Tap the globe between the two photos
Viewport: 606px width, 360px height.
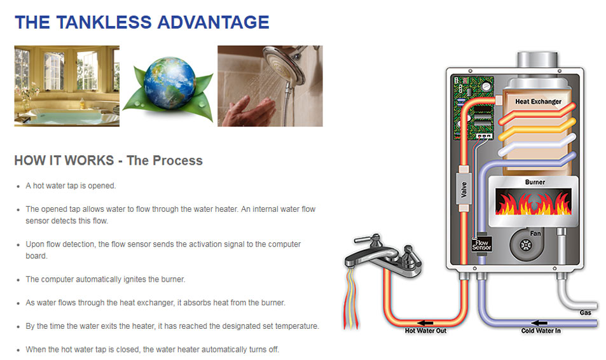tap(170, 83)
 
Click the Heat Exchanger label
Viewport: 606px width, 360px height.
tap(538, 102)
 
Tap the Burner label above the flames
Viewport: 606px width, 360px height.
tap(535, 182)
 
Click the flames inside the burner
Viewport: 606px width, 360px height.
tap(534, 202)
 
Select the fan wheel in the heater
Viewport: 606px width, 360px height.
tap(526, 244)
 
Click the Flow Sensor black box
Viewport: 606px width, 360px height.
tap(481, 244)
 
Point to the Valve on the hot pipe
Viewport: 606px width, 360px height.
tap(464, 190)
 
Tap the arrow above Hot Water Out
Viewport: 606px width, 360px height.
tap(425, 323)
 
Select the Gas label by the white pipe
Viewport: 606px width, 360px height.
tap(585, 312)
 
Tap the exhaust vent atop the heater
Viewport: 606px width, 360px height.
tap(537, 60)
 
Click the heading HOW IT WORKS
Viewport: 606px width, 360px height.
tap(64, 160)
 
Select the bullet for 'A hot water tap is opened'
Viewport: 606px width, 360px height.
tap(18, 186)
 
